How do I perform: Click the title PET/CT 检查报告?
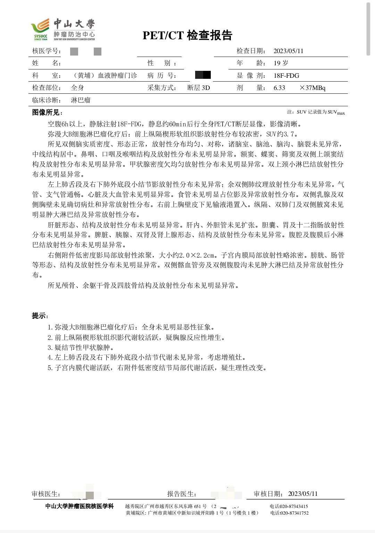pos(187,35)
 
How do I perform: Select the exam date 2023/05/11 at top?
pos(288,51)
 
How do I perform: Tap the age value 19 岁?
pos(281,63)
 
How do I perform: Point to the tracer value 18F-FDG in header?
pos(286,76)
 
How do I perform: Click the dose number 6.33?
pos(279,88)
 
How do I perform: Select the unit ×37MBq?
pos(312,88)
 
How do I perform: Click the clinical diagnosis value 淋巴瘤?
pos(81,100)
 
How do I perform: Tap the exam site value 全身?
pos(77,88)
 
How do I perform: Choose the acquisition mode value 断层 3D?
pos(199,88)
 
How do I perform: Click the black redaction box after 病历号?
pos(203,75)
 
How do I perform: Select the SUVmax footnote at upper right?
pos(316,112)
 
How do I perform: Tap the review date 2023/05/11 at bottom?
pos(303,494)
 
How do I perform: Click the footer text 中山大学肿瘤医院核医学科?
pos(80,506)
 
